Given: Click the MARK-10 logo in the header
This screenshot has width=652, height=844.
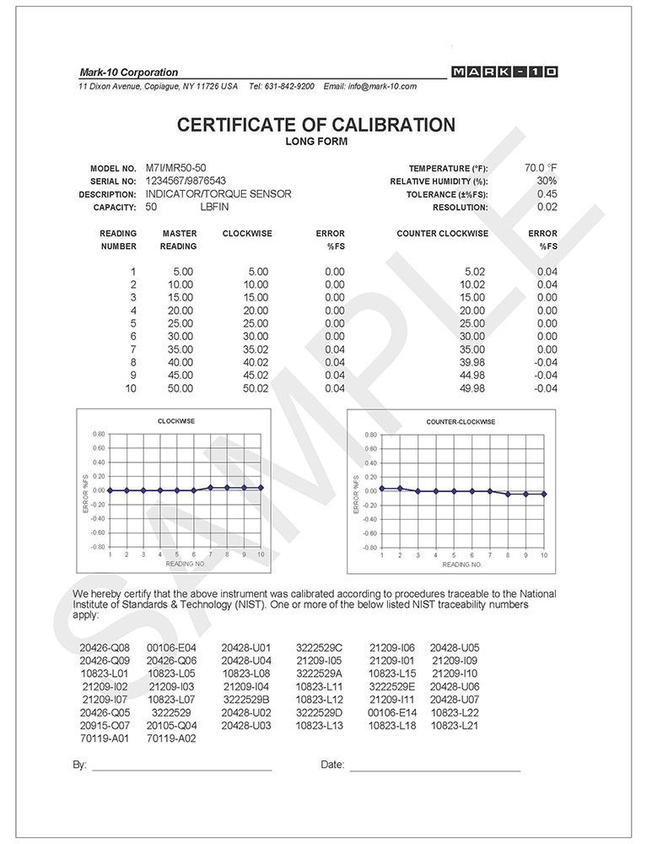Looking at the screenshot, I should click(504, 73).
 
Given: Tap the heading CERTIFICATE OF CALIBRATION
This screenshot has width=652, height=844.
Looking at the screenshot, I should click(315, 126).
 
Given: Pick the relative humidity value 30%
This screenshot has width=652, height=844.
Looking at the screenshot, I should click(547, 181).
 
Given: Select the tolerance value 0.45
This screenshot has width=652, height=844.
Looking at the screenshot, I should click(547, 194).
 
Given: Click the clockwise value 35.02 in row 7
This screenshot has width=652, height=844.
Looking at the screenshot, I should click(255, 349).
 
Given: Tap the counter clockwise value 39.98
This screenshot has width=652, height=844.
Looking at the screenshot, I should click(474, 362).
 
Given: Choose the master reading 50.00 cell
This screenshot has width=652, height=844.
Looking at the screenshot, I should click(180, 388).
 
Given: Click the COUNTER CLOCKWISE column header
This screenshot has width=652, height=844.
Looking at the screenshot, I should click(442, 233).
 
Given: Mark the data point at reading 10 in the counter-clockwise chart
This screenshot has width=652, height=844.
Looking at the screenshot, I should click(544, 494).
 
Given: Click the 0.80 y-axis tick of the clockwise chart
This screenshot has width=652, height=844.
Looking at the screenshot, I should click(99, 434).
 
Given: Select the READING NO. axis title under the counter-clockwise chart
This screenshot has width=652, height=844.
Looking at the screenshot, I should click(461, 564).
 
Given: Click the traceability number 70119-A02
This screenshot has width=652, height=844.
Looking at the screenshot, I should click(171, 738).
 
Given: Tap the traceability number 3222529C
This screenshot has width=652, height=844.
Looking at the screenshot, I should click(319, 647).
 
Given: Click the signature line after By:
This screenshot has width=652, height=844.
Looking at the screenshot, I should click(181, 770).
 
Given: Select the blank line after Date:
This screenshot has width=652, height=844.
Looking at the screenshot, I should click(434, 770).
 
